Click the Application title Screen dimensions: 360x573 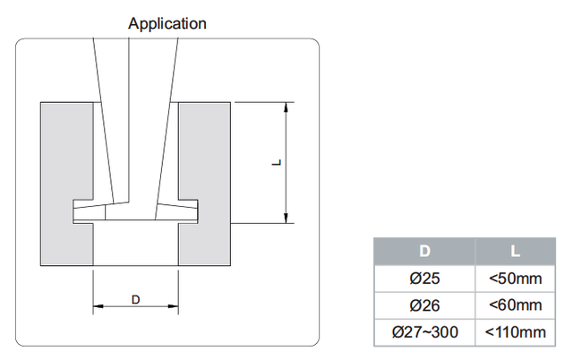[167, 23]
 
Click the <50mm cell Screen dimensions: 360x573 [515, 279]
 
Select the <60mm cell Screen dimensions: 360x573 [515, 305]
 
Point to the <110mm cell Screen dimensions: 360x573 [515, 332]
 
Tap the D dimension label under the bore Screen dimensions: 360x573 [136, 299]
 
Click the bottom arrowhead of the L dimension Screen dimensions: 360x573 [286, 218]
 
